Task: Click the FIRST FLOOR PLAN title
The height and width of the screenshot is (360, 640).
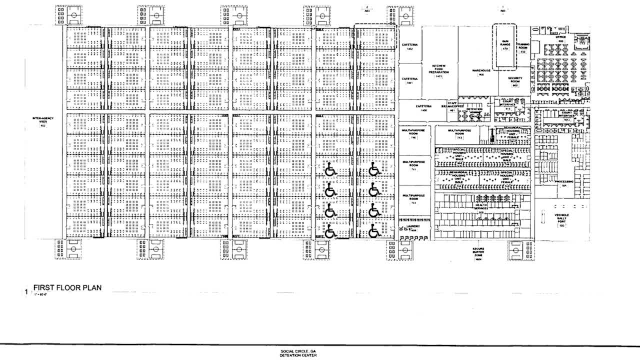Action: click(67, 288)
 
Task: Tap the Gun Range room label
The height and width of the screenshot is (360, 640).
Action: click(505, 44)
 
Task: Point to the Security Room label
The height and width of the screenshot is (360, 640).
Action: click(515, 80)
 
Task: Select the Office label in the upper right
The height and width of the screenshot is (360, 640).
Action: click(559, 38)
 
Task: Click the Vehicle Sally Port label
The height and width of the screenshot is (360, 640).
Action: click(561, 219)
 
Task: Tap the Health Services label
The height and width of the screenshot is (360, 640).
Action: click(482, 209)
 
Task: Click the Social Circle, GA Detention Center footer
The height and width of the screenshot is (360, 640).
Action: click(298, 353)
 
